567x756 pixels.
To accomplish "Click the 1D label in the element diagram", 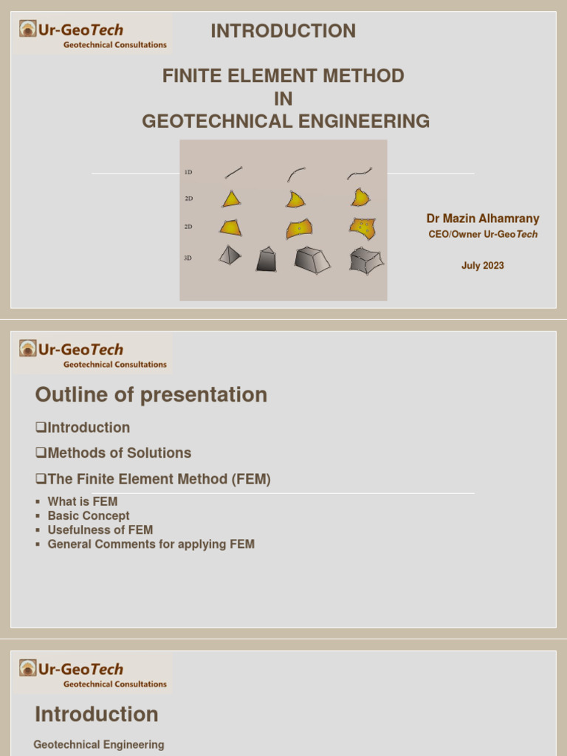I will click(x=188, y=172).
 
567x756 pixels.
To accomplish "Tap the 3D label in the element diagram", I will click(x=188, y=258).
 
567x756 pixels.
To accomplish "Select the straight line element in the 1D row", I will click(x=233, y=173).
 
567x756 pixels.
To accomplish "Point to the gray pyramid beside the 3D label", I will click(x=230, y=255).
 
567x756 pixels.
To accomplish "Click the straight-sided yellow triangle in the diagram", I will click(x=231, y=199).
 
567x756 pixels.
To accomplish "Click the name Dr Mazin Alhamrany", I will click(x=483, y=219).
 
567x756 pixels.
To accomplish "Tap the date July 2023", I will click(x=483, y=266).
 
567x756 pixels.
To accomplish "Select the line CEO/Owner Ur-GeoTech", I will click(x=483, y=234).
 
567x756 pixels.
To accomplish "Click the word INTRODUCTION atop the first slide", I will click(x=283, y=31).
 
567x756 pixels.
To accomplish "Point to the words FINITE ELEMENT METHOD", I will click(x=283, y=75).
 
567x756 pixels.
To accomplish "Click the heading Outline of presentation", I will click(x=151, y=395).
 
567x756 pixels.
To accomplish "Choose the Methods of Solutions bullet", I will click(x=114, y=453).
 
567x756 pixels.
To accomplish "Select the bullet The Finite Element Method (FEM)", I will click(x=153, y=479).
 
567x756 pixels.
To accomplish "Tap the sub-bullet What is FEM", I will click(x=83, y=502).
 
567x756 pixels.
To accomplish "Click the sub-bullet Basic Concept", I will click(x=89, y=516).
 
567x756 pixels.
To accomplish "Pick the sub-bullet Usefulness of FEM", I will click(x=100, y=530).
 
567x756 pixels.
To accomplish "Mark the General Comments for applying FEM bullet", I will click(x=151, y=544).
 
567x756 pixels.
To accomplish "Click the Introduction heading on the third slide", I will click(x=97, y=715).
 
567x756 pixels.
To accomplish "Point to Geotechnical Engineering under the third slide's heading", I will click(x=99, y=745).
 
